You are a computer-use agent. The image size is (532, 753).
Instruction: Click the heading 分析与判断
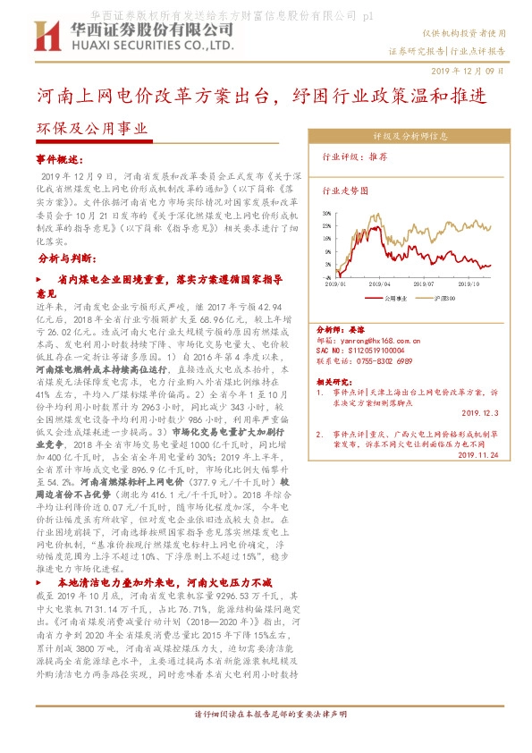(64, 258)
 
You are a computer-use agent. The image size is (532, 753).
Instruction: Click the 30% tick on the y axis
(328, 213)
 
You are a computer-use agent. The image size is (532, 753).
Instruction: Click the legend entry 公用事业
(394, 297)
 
